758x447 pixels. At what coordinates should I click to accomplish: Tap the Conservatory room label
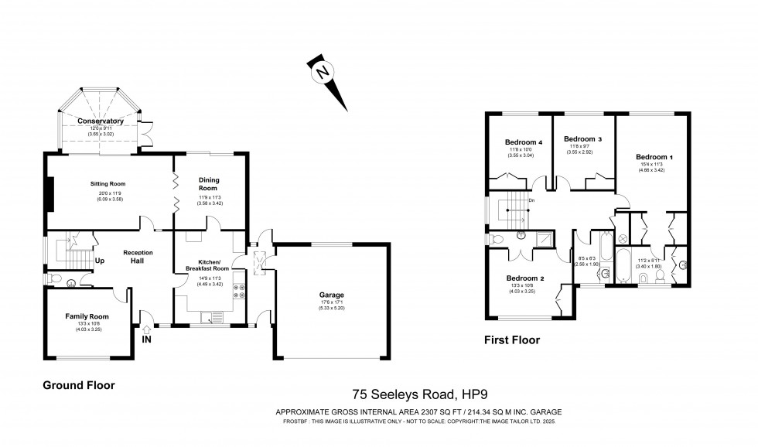(x=101, y=121)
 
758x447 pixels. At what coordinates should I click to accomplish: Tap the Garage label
(x=332, y=295)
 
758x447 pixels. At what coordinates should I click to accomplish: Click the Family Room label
(x=87, y=316)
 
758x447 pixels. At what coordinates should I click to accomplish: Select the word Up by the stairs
(x=100, y=260)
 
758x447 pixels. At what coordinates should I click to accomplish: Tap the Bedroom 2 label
(x=525, y=278)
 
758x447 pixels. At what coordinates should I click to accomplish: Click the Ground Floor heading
(x=79, y=384)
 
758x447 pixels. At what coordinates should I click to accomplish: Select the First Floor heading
(x=512, y=340)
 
